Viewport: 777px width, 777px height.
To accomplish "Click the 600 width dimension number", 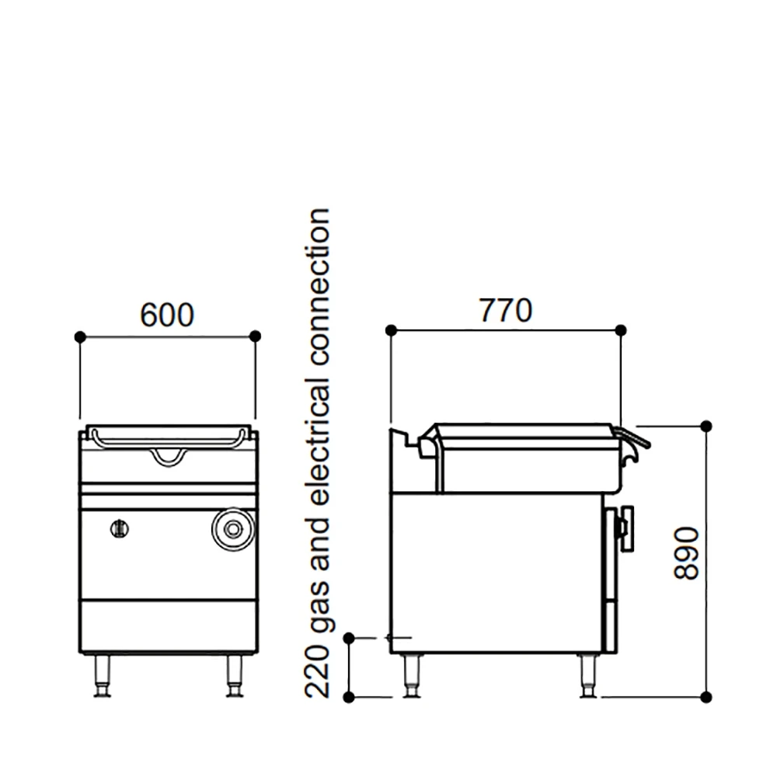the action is click(167, 315).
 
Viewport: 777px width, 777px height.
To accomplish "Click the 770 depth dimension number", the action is click(506, 310).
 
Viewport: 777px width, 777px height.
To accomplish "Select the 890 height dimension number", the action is click(687, 553).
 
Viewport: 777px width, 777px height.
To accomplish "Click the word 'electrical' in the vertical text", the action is click(317, 441).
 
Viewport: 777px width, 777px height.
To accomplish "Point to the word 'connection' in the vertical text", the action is click(317, 287).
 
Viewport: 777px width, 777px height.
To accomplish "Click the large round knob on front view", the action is click(232, 529).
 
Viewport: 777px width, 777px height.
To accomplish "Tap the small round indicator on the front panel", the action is click(120, 529).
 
